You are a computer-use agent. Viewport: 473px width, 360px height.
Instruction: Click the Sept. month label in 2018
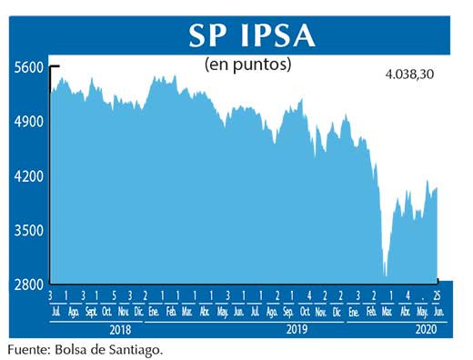point(91,312)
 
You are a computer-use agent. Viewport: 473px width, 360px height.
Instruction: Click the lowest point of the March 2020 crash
point(385,275)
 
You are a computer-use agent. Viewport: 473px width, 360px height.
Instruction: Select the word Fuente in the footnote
point(29,348)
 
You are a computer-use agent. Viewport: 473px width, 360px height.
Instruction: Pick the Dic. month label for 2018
point(139,312)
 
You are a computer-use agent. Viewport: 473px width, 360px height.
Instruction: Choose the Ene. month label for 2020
point(353,312)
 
